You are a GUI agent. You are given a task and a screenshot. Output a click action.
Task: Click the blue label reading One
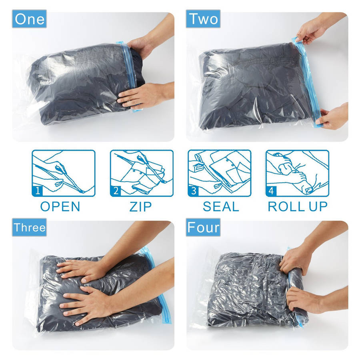29,19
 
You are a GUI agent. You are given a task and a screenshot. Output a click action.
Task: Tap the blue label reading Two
203,19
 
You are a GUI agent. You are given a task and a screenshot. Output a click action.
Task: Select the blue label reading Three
29,227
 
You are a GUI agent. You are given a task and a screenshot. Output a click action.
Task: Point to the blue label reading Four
203,227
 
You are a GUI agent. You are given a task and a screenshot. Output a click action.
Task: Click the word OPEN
60,206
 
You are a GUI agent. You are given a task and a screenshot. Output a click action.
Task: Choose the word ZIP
140,207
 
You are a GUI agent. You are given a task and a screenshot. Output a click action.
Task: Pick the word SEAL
221,206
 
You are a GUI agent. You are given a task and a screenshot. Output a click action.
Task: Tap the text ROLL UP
298,206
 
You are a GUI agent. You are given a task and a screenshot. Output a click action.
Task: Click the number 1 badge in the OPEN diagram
38,191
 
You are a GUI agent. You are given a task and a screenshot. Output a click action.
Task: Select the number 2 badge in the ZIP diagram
116,191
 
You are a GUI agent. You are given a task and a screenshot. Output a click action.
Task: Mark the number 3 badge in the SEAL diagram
194,191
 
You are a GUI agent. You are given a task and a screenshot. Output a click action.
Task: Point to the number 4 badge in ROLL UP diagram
271,191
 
